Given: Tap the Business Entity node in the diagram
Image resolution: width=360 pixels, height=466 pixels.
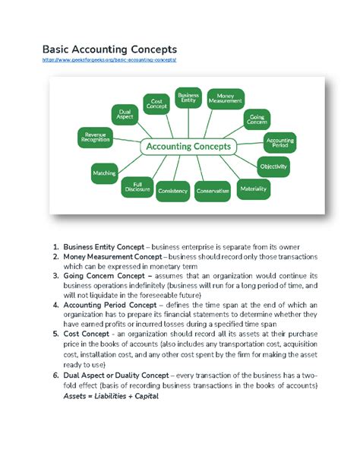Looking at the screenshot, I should click(188, 97).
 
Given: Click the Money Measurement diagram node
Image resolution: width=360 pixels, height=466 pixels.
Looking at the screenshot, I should click(226, 97).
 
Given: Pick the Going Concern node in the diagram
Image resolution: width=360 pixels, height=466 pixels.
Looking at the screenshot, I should click(257, 119).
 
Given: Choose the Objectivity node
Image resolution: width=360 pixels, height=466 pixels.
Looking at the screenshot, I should click(273, 165).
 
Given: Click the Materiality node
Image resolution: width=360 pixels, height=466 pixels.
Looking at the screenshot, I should click(254, 187).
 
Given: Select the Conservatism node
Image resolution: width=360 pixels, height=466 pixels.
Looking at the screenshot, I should click(212, 191).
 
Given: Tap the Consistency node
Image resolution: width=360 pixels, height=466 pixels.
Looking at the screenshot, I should click(172, 191).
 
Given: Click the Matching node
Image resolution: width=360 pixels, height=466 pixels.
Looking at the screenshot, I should click(104, 173).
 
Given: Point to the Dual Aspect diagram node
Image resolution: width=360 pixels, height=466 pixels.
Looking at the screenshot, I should click(125, 115).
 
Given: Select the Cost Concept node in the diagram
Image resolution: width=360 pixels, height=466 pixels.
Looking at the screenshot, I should click(158, 103).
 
